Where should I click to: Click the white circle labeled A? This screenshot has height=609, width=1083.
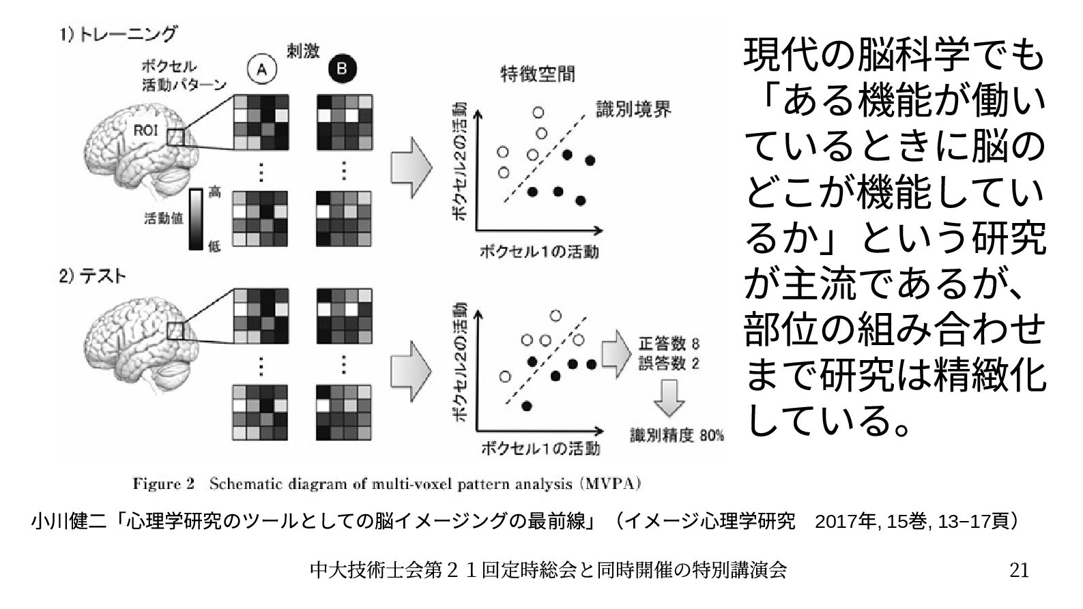tap(261, 68)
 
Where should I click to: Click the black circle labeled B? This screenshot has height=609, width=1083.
tap(342, 68)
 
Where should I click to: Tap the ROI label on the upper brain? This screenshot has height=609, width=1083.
tap(145, 130)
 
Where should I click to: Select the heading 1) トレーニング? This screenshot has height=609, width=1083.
tap(117, 34)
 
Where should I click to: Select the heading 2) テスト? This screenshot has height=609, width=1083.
tap(92, 276)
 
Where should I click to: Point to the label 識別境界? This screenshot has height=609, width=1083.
tap(633, 109)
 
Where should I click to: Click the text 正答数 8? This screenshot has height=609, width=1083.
tap(668, 342)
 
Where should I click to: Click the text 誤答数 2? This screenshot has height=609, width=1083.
tap(668, 362)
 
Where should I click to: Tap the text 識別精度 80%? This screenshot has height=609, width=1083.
tap(676, 434)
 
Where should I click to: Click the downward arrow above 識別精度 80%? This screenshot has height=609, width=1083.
tap(669, 398)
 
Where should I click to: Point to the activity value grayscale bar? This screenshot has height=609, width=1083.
tap(196, 219)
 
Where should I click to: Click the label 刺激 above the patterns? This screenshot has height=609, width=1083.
tap(303, 52)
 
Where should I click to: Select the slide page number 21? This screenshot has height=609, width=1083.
tap(1018, 569)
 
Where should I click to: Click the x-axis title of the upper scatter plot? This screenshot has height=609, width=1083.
tap(539, 251)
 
